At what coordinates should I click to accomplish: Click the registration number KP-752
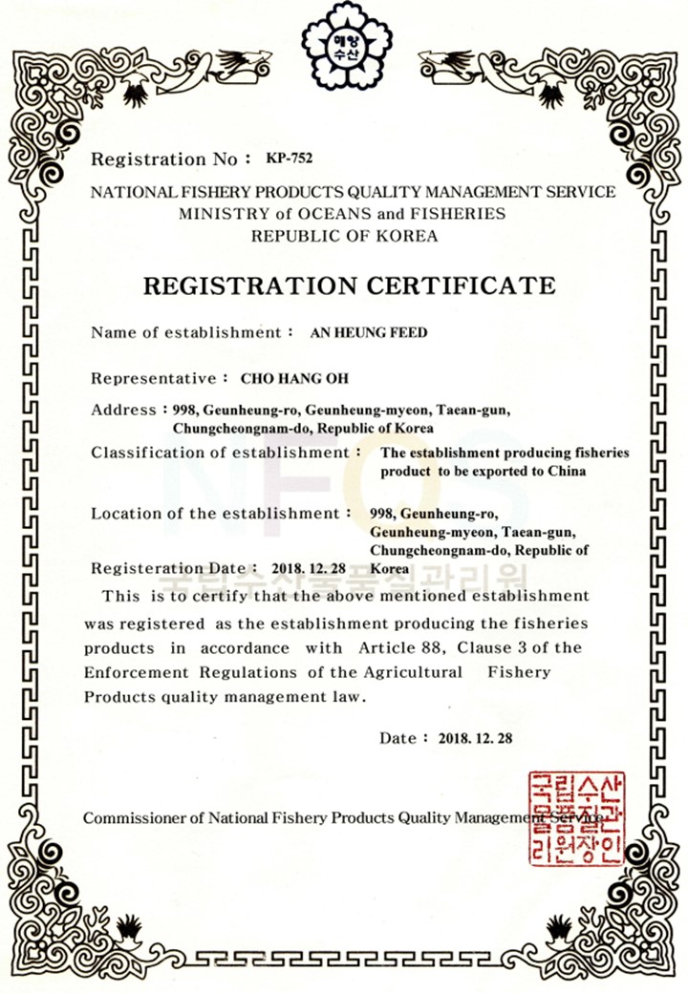(x=290, y=158)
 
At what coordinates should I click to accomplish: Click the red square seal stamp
(x=576, y=818)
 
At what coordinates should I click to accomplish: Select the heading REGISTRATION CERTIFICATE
(x=348, y=285)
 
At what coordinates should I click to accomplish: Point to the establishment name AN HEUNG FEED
(x=369, y=333)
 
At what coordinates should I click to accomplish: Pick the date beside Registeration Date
(x=309, y=568)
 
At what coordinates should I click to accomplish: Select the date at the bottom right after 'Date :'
(x=476, y=738)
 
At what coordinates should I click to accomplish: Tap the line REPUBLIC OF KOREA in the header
(x=344, y=236)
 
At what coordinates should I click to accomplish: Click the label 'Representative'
(x=154, y=378)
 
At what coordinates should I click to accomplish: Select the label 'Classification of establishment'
(x=221, y=452)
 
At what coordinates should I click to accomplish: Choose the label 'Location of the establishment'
(x=215, y=514)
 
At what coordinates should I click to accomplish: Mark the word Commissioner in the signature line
(x=131, y=818)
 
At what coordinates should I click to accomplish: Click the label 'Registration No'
(x=161, y=159)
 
